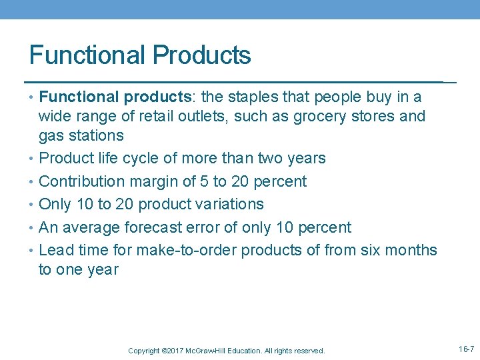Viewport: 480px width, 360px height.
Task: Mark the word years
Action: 304,159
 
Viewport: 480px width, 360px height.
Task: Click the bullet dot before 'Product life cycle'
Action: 33,159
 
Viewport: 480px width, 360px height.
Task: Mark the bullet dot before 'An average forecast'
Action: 33,227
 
